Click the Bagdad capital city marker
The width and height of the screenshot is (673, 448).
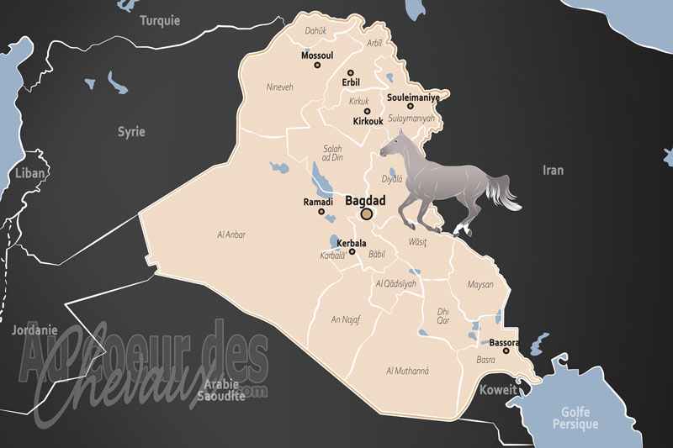[366, 214]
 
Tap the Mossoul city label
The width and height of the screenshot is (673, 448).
[317, 57]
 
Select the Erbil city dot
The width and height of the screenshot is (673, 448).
[351, 72]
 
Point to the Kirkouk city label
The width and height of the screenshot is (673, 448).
[368, 121]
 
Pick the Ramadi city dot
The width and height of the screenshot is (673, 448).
[321, 211]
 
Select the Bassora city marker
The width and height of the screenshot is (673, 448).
[506, 350]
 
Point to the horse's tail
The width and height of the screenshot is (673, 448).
[506, 193]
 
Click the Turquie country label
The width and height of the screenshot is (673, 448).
[160, 21]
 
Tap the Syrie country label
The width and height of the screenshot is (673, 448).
[130, 132]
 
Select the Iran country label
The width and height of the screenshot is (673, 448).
[553, 170]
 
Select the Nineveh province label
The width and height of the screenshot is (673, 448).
[279, 87]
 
